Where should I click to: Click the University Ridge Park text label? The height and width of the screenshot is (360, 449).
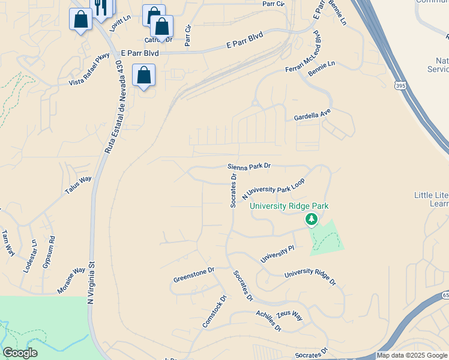click(x=289, y=206)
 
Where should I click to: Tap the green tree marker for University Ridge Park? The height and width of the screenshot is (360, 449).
click(x=311, y=220)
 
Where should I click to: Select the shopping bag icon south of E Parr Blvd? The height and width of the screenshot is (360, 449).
click(x=143, y=76)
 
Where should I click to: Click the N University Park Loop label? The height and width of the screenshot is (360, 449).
click(x=273, y=189)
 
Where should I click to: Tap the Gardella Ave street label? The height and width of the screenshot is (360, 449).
click(x=312, y=114)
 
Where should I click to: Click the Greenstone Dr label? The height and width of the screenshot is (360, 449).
click(x=194, y=275)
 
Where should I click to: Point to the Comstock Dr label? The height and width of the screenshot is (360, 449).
click(x=215, y=311)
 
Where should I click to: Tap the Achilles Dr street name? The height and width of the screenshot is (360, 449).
click(x=268, y=321)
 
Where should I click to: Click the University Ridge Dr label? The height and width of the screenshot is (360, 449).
click(x=310, y=277)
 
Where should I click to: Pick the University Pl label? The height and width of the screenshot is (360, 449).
click(x=277, y=253)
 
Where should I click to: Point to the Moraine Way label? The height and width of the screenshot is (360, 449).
click(x=71, y=278)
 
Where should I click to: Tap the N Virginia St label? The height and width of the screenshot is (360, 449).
click(x=91, y=283)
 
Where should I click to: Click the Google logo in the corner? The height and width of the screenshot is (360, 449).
click(x=20, y=352)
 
